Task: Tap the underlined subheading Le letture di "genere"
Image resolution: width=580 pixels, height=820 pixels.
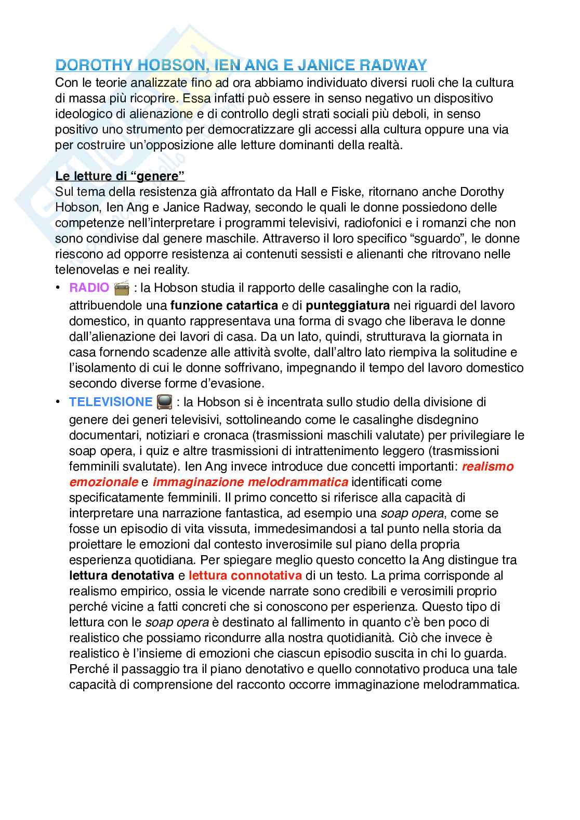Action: point(120,176)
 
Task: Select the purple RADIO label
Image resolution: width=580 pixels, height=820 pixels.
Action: point(89,288)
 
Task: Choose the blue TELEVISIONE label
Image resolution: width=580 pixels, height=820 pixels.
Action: point(111,402)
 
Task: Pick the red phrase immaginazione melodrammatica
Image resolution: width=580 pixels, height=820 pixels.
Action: point(251,482)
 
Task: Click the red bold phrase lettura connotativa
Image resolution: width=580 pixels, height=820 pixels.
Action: point(245,575)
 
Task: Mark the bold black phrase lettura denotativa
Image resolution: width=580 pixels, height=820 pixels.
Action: point(122,575)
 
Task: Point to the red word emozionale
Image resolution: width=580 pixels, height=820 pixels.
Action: point(103,482)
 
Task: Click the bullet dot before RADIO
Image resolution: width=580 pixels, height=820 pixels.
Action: point(59,288)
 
